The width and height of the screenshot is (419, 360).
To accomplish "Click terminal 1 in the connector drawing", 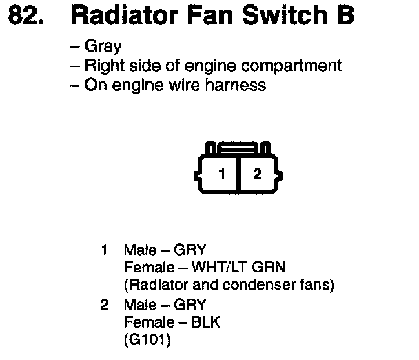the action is click(221, 174).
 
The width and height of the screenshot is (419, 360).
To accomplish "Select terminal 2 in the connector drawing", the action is click(257, 174).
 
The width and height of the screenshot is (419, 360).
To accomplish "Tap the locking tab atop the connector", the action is click(239, 148).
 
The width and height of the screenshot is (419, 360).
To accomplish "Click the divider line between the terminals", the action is click(238, 174).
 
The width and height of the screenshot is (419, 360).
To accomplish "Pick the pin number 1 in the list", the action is click(104, 249).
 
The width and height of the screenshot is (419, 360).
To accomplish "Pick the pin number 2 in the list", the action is click(104, 304).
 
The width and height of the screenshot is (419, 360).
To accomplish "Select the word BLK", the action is click(206, 322).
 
